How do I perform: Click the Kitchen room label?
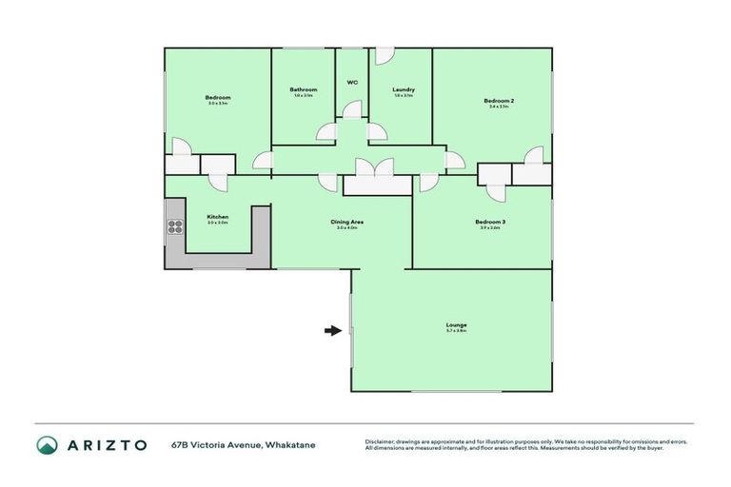tap(217, 217)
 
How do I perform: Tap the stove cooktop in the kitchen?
tap(175, 226)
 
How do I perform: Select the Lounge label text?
tap(456, 324)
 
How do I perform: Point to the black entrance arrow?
tap(332, 330)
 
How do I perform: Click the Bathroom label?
tap(303, 89)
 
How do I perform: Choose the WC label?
tap(351, 82)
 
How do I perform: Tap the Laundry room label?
tap(404, 89)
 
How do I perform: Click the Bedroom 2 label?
tap(499, 101)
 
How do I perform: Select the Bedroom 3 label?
tap(490, 222)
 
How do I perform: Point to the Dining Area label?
tap(346, 222)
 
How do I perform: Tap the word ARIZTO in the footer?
tap(107, 445)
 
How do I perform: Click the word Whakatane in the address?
tap(290, 445)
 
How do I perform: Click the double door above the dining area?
tap(377, 170)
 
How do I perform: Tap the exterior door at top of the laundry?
tap(384, 57)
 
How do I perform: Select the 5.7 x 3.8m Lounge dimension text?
tap(456, 331)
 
